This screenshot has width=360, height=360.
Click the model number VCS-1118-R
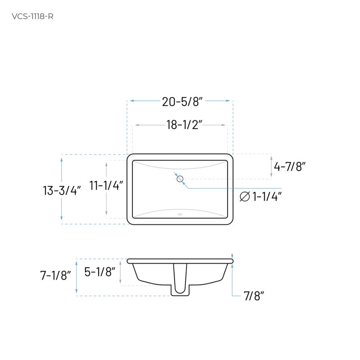(32, 17)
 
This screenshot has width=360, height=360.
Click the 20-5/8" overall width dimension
(182, 102)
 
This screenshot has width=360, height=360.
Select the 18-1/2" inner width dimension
(184, 125)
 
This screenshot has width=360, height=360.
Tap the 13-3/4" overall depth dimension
(62, 190)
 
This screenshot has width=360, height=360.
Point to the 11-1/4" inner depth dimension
(106, 185)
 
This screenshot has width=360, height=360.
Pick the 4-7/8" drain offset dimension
(290, 166)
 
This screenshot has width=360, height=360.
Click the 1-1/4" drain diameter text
(267, 197)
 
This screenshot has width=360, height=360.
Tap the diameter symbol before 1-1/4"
(245, 197)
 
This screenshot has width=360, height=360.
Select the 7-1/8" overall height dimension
(55, 275)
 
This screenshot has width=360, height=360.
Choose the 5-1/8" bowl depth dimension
(100, 272)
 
